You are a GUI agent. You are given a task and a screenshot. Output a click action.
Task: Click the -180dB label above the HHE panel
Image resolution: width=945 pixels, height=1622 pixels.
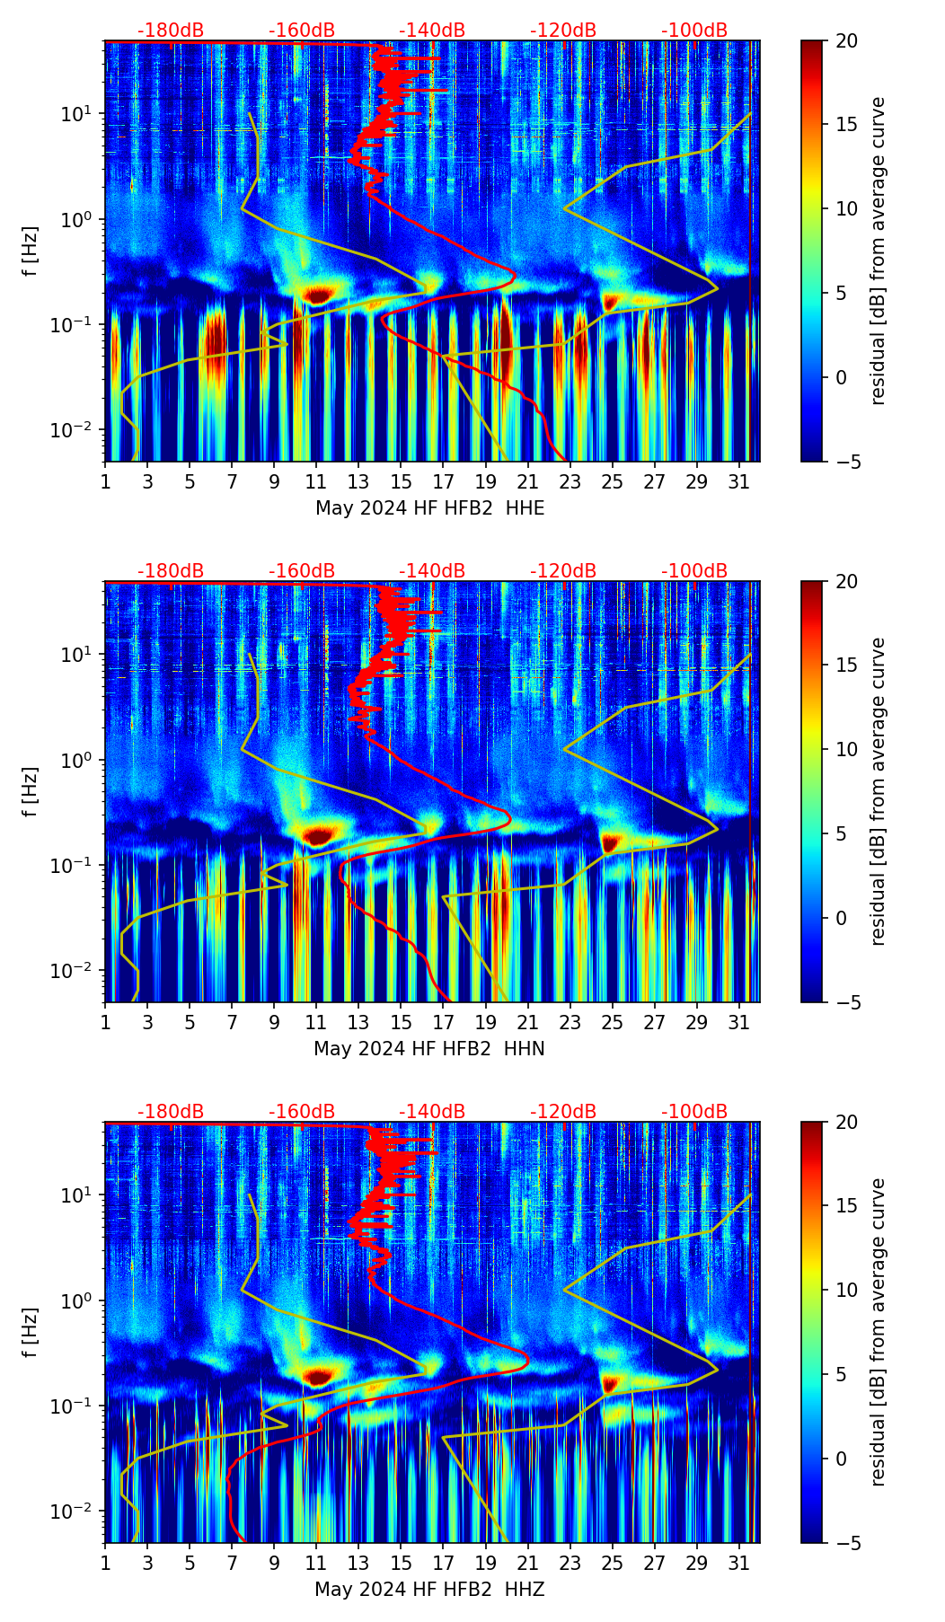(171, 31)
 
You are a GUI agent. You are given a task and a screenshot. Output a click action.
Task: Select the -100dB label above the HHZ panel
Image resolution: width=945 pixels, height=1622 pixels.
(694, 1112)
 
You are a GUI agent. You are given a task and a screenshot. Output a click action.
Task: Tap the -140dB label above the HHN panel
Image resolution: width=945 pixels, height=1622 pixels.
(432, 571)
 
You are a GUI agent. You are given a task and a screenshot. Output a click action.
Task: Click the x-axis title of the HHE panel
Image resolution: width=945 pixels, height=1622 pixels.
(429, 508)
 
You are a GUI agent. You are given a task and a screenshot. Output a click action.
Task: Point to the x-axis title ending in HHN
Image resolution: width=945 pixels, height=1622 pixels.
(429, 1049)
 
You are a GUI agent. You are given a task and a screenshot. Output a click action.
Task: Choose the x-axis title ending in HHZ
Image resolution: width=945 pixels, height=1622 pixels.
(429, 1590)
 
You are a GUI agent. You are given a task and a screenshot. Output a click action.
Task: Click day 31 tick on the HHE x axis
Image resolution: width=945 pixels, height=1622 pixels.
(739, 481)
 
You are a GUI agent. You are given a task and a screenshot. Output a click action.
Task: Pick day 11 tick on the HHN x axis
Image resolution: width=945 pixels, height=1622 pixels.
(316, 1022)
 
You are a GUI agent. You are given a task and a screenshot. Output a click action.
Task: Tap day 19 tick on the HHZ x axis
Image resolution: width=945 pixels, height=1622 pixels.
(485, 1563)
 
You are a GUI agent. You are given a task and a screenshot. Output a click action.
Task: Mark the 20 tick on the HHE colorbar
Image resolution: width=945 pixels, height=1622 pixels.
(846, 41)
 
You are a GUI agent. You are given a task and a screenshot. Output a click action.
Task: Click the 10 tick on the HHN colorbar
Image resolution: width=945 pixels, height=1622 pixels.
(846, 749)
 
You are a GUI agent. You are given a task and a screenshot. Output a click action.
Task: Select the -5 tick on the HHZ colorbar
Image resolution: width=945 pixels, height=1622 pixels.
(846, 1543)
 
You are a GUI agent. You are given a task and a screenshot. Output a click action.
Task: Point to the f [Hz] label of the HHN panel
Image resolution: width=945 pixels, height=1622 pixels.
(31, 791)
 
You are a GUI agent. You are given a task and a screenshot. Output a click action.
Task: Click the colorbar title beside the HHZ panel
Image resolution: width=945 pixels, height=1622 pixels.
(878, 1332)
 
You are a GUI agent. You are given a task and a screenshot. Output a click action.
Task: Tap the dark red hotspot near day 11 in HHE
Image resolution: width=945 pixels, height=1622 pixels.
(318, 294)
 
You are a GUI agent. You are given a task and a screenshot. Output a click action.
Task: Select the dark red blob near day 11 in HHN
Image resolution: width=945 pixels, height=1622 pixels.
(318, 835)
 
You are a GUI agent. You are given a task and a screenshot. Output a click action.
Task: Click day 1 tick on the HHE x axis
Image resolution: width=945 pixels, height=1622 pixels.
(105, 481)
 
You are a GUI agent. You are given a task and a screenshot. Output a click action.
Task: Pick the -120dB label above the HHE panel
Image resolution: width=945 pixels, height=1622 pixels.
(563, 31)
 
